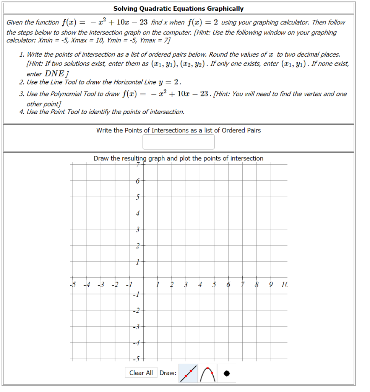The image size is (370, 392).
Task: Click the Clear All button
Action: click(x=141, y=373)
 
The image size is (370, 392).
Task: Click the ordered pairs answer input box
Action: click(x=179, y=142)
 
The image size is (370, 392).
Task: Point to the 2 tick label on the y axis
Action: click(x=138, y=245)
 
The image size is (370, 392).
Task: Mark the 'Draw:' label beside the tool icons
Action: click(x=168, y=373)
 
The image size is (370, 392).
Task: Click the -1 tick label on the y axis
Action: click(x=136, y=294)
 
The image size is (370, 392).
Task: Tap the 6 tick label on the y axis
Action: click(x=138, y=181)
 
